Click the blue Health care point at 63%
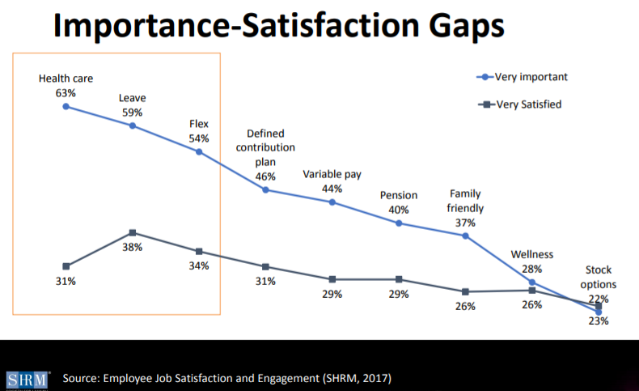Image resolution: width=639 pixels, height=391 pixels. pos(66,106)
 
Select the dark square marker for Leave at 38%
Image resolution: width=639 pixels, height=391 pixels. pos(133,233)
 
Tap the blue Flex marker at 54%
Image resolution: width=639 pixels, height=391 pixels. pos(199,151)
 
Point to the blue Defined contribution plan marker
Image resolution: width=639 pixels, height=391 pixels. pos(265,189)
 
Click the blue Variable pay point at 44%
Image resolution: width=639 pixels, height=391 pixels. pos(332,202)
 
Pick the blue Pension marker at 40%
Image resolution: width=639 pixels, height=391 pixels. pos(399,223)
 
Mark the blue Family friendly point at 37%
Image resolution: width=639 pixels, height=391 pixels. pos(465,236)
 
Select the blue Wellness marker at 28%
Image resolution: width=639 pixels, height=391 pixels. pos(532,282)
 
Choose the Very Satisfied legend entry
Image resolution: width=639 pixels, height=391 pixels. pos(526,104)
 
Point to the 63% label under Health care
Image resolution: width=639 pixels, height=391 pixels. pos(66,93)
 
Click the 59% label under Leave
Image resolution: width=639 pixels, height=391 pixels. pos(133,113)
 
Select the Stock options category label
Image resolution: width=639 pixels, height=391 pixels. pos(599,277)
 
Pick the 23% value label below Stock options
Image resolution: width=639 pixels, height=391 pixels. pos(599,321)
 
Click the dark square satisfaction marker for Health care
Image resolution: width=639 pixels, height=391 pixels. pos(66,266)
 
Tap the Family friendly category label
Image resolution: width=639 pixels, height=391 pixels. pos(465,201)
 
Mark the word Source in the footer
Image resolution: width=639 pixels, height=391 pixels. pos(87,379)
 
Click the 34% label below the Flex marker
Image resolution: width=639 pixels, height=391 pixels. pos(199,266)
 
